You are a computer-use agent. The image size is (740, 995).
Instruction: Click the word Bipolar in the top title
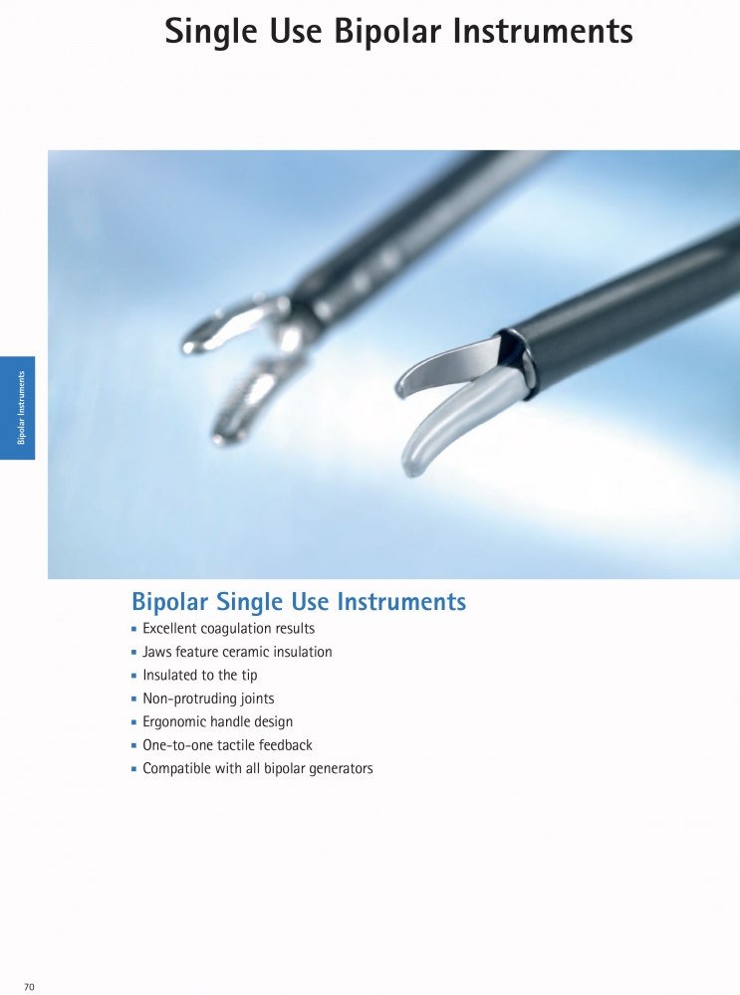[x=387, y=31]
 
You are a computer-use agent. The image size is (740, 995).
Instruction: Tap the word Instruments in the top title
[x=543, y=31]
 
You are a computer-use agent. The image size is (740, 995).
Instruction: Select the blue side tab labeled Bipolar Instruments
[x=17, y=408]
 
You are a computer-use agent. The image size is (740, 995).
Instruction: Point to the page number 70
[x=29, y=987]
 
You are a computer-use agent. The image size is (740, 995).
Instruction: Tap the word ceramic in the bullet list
[x=243, y=652]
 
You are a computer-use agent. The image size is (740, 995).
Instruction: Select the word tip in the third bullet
[x=249, y=676]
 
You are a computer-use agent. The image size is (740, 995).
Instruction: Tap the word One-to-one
[x=166, y=745]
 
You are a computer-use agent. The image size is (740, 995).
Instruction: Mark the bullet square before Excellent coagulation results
[x=134, y=629]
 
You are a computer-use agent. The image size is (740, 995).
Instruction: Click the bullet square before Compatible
[x=134, y=768]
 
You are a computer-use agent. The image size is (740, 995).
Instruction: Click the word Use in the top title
[x=296, y=31]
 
